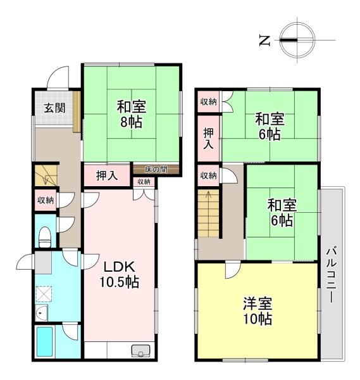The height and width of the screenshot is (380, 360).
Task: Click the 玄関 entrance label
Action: pyautogui.click(x=54, y=108)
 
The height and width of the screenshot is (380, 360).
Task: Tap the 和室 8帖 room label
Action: pyautogui.click(x=131, y=114)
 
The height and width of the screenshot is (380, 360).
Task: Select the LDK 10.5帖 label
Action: pyautogui.click(x=119, y=274)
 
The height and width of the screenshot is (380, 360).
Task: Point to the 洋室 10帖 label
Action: pyautogui.click(x=258, y=311)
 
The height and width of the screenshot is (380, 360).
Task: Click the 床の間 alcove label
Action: pyautogui.click(x=156, y=169)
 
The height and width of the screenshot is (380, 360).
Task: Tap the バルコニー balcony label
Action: pyautogui.click(x=331, y=274)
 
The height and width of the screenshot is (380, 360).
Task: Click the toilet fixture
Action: pyautogui.click(x=45, y=237)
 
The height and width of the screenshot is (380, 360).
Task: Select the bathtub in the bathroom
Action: pyautogui.click(x=45, y=341)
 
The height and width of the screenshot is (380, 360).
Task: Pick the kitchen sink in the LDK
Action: pyautogui.click(x=140, y=351)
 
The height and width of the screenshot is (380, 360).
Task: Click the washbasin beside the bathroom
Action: pyautogui.click(x=41, y=313)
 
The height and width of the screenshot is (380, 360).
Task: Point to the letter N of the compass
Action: pyautogui.click(x=264, y=41)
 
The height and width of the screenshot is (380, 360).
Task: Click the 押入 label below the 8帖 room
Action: pyautogui.click(x=107, y=175)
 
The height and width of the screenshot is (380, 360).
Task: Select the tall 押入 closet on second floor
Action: pyautogui.click(x=208, y=138)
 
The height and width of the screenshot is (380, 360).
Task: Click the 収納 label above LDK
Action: pyautogui.click(x=144, y=182)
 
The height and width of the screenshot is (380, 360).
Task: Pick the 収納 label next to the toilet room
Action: pyautogui.click(x=46, y=200)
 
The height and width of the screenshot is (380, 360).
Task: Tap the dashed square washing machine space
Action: pyautogui.click(x=44, y=293)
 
